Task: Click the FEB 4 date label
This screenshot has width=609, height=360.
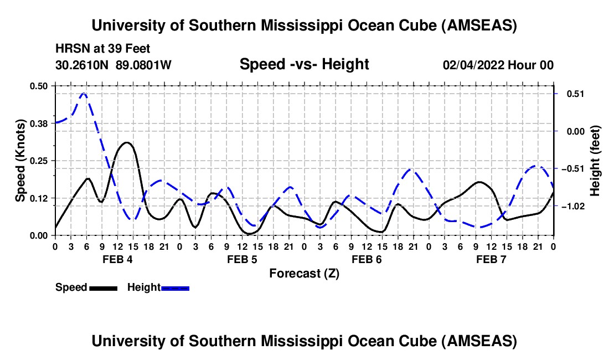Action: coord(117,259)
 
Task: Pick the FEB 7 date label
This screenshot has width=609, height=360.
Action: coord(491,259)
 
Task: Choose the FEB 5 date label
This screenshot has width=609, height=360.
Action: coord(241,259)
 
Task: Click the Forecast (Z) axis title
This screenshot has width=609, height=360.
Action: coord(304,273)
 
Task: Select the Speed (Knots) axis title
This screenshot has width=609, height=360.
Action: coord(20,160)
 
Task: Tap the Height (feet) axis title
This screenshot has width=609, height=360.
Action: coord(595,160)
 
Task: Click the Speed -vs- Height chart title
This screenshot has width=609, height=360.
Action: coord(304,64)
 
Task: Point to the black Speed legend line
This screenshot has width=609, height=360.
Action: coord(104,287)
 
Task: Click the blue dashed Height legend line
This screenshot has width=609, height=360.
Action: coord(176,287)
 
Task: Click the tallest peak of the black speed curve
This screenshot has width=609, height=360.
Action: coord(127,142)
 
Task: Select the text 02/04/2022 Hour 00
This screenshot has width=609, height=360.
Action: coord(498,65)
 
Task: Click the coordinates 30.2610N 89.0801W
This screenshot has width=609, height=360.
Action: coord(113,65)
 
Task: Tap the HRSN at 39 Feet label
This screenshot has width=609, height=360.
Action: coord(102,49)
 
